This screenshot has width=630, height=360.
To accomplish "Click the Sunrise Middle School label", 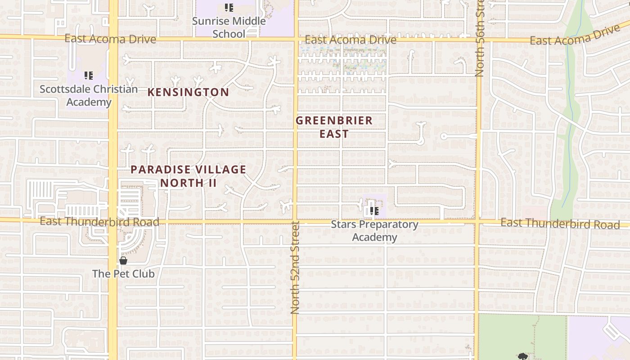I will pyautogui.click(x=229, y=27).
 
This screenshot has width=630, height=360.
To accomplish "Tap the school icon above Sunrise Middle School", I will pyautogui.click(x=229, y=8).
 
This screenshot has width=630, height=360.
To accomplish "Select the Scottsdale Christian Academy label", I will pyautogui.click(x=89, y=95).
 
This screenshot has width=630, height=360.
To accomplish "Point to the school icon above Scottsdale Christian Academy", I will pyautogui.click(x=89, y=76).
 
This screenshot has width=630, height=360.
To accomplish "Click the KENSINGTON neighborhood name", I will pyautogui.click(x=189, y=92).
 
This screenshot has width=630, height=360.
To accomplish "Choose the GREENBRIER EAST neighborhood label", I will pyautogui.click(x=334, y=127).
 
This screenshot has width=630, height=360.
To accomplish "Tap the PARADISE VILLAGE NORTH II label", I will pyautogui.click(x=189, y=176).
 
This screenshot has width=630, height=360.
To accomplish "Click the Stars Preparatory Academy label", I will pyautogui.click(x=374, y=230).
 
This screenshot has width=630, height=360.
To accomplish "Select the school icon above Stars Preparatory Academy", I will pyautogui.click(x=374, y=211).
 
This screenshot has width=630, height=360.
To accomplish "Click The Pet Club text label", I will pyautogui.click(x=123, y=274).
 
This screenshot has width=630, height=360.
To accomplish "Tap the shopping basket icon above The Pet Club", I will pyautogui.click(x=123, y=261).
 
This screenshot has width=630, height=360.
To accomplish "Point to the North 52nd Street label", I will pyautogui.click(x=295, y=267).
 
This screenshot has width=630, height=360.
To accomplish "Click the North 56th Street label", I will pyautogui.click(x=480, y=38).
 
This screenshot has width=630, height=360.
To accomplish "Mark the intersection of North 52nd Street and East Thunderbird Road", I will pyautogui.click(x=296, y=221).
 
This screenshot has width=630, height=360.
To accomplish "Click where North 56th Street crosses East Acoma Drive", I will pyautogui.click(x=479, y=40).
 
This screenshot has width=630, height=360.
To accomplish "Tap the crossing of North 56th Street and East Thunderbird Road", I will pyautogui.click(x=478, y=222).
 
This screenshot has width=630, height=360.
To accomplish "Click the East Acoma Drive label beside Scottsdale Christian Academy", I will pyautogui.click(x=110, y=39).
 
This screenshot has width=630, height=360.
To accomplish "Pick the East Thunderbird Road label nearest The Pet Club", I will pyautogui.click(x=99, y=221).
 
